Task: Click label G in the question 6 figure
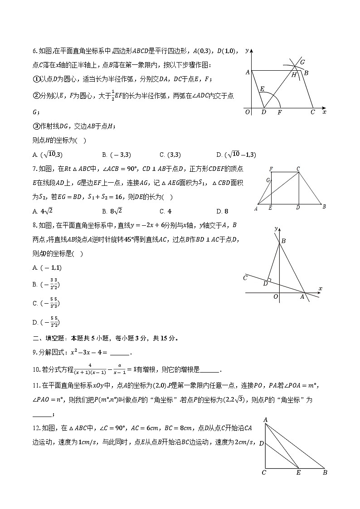[302, 62]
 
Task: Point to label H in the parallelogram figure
[294, 75]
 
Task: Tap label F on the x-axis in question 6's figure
[279, 112]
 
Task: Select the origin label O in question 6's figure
[247, 112]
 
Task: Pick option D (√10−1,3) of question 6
[236, 155]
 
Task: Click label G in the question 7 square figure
[268, 180]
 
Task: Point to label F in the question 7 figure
[271, 169]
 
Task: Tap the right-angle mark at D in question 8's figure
[269, 280]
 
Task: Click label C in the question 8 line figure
[245, 277]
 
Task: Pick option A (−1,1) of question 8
[47, 267]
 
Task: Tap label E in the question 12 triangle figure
[298, 473]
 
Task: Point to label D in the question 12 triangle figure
[261, 443]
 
